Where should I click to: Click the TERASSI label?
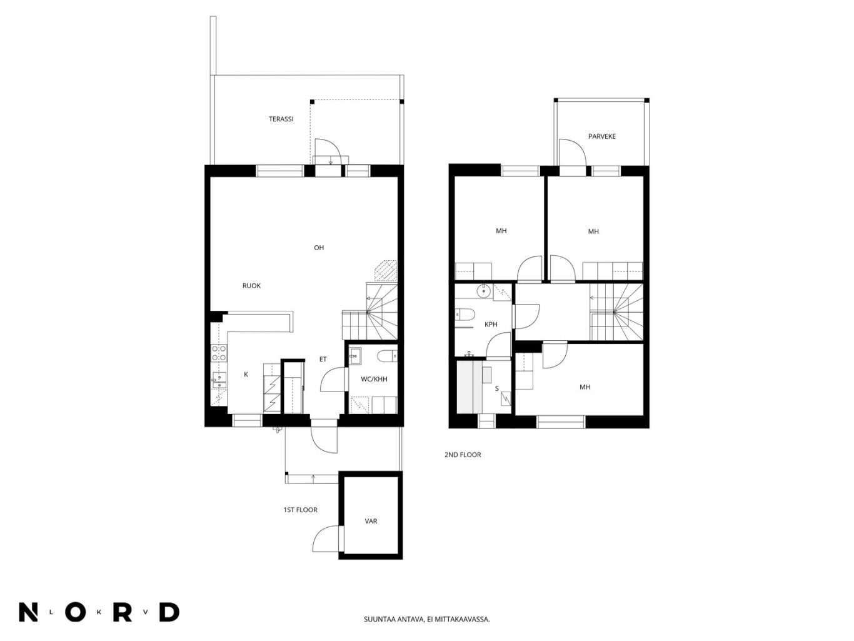[x=281, y=119]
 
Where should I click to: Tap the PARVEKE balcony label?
[x=602, y=136]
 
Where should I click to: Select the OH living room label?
[x=319, y=248]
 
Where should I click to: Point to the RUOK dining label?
[x=251, y=286]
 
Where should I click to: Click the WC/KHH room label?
[x=374, y=379]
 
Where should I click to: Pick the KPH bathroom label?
[x=491, y=324]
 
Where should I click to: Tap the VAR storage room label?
[x=371, y=521]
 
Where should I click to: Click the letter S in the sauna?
[x=496, y=388]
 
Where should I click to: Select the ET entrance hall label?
[x=323, y=359]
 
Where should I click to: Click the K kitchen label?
[x=246, y=375]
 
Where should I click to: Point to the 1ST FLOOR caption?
[x=300, y=510]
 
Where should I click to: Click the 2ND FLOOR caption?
[x=463, y=455]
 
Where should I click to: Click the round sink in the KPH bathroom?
[x=484, y=290]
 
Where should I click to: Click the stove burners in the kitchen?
[x=219, y=353]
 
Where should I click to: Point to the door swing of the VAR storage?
[x=326, y=538]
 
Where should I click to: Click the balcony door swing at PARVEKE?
[x=573, y=152]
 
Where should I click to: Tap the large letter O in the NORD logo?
[x=76, y=613]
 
